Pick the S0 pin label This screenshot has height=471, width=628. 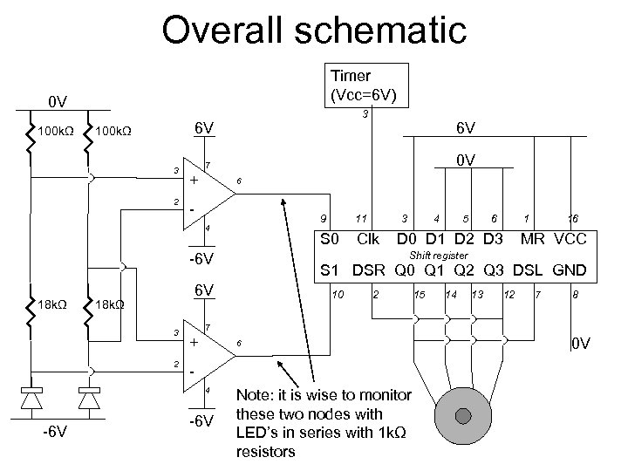tap(330, 238)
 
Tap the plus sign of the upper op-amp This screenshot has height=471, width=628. tap(194, 181)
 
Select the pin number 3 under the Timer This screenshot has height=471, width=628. tap(365, 114)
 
